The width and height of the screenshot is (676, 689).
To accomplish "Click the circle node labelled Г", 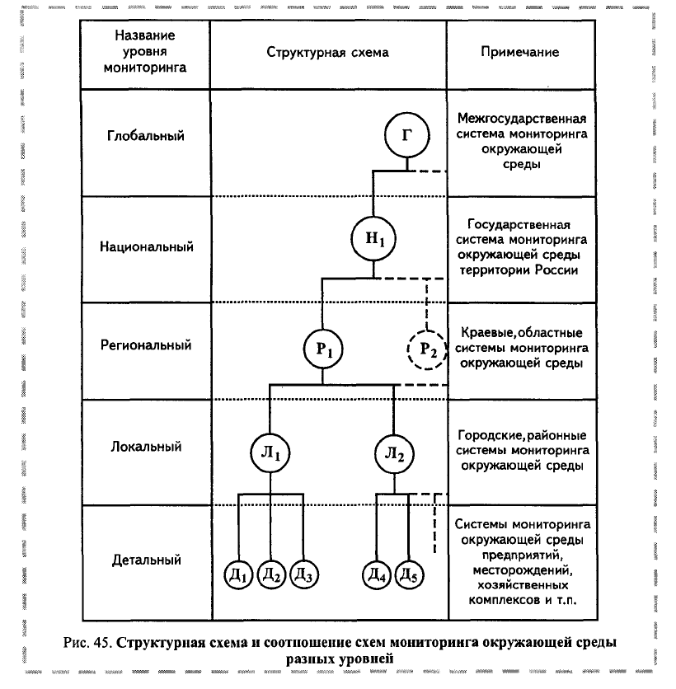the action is [406, 135].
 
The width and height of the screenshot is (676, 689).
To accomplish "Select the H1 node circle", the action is [373, 239].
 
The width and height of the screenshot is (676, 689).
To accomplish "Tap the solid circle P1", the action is [323, 349].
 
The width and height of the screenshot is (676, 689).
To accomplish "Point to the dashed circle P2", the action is [427, 349].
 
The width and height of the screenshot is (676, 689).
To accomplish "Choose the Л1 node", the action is [270, 453].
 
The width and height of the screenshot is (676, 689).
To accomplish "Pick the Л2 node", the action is [394, 454].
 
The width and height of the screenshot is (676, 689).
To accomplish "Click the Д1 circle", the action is [238, 574].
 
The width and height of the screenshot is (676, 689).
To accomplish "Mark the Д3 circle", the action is [303, 574].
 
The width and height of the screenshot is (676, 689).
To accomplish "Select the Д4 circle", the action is [377, 574].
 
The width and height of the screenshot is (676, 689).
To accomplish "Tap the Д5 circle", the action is [409, 574].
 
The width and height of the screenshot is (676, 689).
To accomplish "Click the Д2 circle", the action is [271, 574].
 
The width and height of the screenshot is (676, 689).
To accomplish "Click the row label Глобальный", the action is [145, 136].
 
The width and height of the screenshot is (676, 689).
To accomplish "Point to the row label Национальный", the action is [147, 246].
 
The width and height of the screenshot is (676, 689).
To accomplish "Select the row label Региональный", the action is [146, 345].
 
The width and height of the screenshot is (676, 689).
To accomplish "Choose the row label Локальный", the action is [146, 447].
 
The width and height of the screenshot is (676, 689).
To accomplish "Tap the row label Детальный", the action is [147, 560].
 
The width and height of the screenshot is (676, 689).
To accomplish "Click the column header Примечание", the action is [520, 52].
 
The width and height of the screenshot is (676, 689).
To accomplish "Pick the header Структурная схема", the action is [327, 53].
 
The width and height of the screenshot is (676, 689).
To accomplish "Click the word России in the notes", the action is [556, 270].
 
